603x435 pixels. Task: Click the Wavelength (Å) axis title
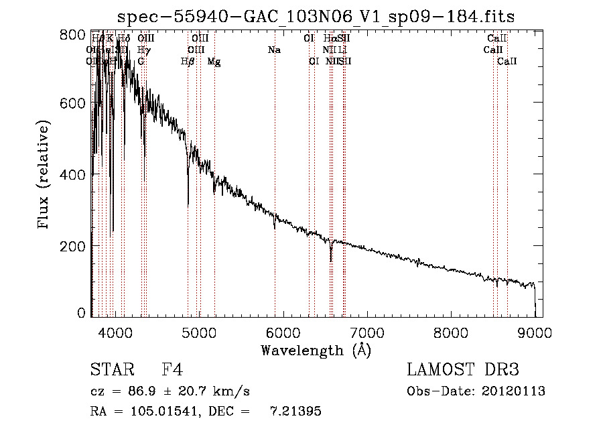[316, 350]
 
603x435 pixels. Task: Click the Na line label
[273, 50]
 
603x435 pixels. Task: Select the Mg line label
[214, 61]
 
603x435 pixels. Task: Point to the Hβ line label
[188, 61]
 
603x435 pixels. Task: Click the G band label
[141, 61]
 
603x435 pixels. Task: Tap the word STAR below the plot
[111, 370]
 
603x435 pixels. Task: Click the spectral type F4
[172, 370]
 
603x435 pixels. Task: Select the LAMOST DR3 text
[463, 370]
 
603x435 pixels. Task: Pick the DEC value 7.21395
[295, 412]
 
